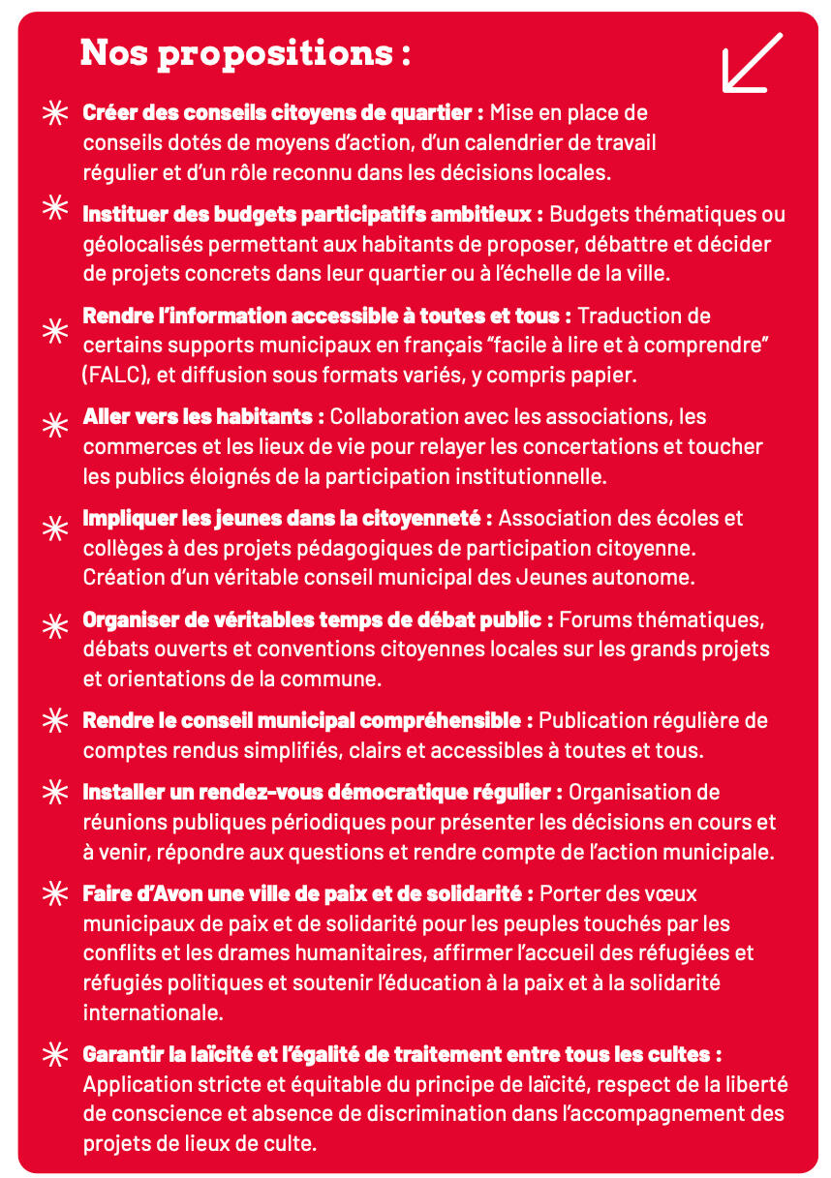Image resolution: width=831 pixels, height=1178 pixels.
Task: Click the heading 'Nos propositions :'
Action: coord(245,52)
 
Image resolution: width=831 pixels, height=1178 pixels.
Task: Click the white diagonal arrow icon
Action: coord(753,63)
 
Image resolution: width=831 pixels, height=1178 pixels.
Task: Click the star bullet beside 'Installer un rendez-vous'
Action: coord(56,792)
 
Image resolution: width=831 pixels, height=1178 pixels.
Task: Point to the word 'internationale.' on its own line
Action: coord(153,1013)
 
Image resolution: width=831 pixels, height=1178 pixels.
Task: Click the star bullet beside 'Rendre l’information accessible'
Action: coord(56,330)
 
